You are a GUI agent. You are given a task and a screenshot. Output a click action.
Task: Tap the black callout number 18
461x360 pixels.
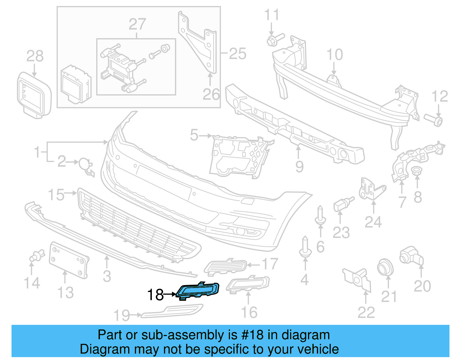tap(155, 295)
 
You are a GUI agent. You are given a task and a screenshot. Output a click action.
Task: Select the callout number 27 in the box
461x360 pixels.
tap(137, 24)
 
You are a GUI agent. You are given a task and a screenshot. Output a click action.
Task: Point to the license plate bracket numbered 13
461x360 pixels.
tap(69, 261)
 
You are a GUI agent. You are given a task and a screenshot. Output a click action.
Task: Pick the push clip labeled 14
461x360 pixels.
tap(36, 256)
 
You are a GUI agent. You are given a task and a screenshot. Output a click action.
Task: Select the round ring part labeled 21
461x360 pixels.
tap(385, 267)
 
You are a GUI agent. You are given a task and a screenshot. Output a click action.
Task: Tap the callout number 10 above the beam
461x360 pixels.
tap(335, 54)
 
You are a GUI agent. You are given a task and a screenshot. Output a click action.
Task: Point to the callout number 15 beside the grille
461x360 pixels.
tap(56, 195)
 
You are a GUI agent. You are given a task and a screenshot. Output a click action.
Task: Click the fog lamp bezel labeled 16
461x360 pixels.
tap(248, 284)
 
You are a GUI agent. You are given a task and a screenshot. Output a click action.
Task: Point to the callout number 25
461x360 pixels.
tap(237, 54)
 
